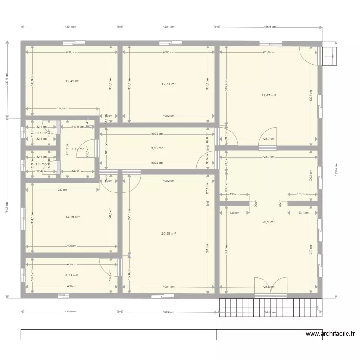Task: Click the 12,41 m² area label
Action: [72, 81]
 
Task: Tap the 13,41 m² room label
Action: [168, 84]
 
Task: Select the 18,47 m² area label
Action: [268, 96]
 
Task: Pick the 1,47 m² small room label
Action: [41, 132]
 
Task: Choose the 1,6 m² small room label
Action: [41, 164]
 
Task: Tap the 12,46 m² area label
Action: [72, 217]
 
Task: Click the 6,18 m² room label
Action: [71, 276]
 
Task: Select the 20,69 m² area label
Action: [168, 234]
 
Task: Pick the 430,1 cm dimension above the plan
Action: [71, 27]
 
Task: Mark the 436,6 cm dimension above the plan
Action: [269, 27]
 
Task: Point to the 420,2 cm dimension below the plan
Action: [168, 312]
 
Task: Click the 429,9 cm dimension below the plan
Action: [70, 312]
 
